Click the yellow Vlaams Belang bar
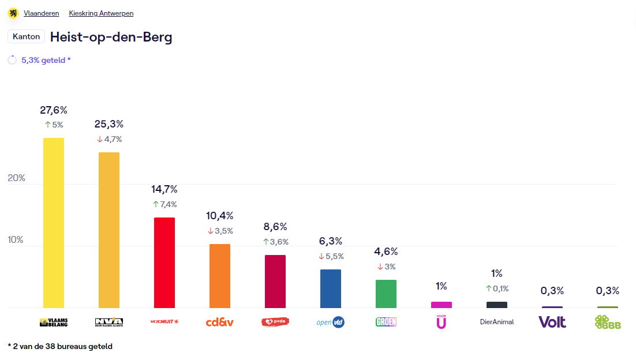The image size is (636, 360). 54,223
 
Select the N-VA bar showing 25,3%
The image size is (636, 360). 109,230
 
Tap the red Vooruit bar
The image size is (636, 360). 164,262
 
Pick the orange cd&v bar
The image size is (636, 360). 220,276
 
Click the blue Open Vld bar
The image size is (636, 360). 331,288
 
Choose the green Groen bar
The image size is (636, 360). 386,294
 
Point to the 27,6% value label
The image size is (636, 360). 54,110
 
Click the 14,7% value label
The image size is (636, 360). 164,189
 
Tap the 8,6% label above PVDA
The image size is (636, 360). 275,227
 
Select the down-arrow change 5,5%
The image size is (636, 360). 331,256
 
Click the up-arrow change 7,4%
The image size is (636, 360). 164,204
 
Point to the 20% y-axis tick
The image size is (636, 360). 17,178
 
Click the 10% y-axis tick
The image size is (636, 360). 16,239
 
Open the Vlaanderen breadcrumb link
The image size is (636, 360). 42,13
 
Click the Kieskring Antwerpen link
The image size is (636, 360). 101,13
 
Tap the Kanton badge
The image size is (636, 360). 26,36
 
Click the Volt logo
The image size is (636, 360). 552,322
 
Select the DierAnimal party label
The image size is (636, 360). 497,322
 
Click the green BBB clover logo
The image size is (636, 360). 608,322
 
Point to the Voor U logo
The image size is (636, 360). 442,322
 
